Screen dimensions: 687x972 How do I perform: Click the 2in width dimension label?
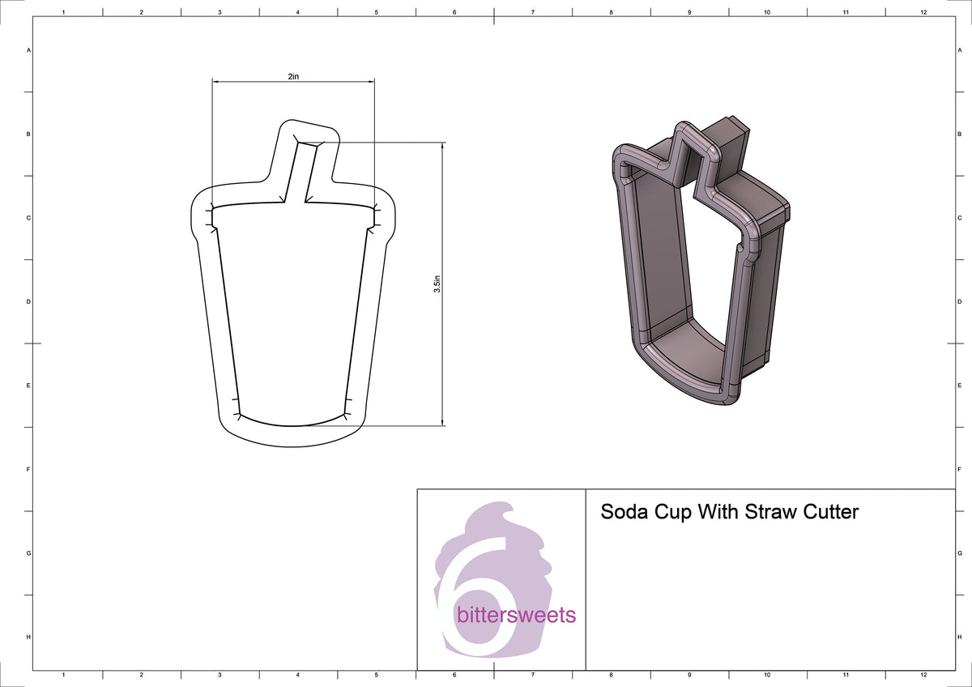pyautogui.click(x=292, y=75)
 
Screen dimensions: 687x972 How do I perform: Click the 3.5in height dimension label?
pyautogui.click(x=436, y=284)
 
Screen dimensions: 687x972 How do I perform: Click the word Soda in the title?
pyautogui.click(x=623, y=512)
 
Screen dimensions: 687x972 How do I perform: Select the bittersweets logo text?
pyautogui.click(x=516, y=615)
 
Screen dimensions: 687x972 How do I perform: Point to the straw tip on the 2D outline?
pyautogui.click(x=309, y=134)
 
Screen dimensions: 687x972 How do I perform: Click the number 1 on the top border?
pyautogui.click(x=63, y=12)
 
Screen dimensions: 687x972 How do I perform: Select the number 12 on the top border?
pyautogui.click(x=923, y=12)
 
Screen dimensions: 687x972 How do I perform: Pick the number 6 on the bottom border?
pyautogui.click(x=454, y=675)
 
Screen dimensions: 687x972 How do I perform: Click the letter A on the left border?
pyautogui.click(x=28, y=50)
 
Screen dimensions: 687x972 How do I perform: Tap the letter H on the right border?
pyautogui.click(x=960, y=638)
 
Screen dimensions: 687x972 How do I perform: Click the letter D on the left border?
pyautogui.click(x=28, y=301)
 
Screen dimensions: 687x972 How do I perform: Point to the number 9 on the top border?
pyautogui.click(x=688, y=12)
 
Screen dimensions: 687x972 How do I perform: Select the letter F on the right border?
pyautogui.click(x=960, y=469)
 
